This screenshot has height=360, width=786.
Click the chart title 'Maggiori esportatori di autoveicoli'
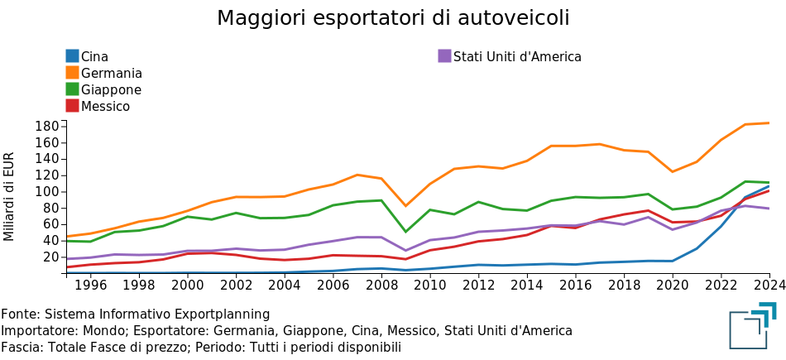[393, 18]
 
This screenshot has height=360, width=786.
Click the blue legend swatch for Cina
[73, 56]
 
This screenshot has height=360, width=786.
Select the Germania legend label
[112, 73]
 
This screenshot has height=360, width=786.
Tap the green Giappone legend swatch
[73, 89]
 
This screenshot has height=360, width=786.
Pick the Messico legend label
[105, 106]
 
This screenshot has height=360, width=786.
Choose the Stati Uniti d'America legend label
[517, 56]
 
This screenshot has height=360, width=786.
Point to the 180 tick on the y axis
[47, 126]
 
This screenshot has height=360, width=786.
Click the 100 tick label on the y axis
[47, 191]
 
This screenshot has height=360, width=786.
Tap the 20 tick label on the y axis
[50, 257]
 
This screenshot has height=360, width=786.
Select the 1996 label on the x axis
[91, 286]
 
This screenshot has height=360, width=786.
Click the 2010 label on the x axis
[430, 286]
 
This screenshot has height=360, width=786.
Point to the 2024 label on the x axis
[769, 286]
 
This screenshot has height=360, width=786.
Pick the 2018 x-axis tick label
[624, 286]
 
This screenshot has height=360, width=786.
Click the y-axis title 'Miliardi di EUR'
[10, 196]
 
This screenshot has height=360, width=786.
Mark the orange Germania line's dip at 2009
[405, 205]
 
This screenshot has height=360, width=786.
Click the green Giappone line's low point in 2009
[405, 232]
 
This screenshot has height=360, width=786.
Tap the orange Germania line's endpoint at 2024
[769, 123]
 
